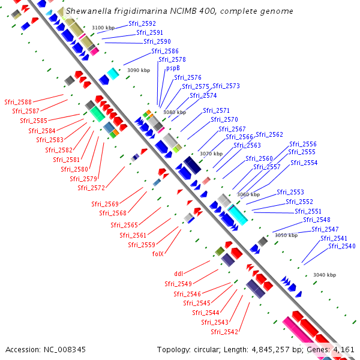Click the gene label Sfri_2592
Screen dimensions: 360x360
142,23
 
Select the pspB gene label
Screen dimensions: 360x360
173,68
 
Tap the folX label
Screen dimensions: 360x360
158,254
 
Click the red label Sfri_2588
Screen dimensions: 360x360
18,102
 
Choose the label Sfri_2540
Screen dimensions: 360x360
341,246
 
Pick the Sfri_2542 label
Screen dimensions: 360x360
224,332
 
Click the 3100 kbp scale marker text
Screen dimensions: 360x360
103,28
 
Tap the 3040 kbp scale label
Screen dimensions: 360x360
325,275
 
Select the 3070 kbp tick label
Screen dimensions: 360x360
211,154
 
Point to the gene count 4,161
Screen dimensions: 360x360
342,349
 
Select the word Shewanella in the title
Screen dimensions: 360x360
88,11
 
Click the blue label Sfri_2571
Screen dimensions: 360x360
216,110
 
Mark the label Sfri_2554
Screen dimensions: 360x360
304,163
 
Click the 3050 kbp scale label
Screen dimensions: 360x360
286,236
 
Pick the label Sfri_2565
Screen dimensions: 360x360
124,225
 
